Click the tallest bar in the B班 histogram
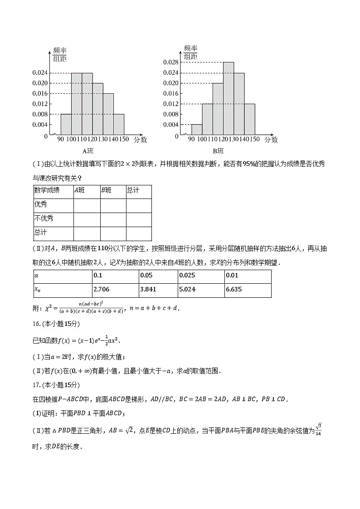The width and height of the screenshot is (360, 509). [x=229, y=99]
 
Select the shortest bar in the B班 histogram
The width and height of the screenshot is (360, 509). [x=197, y=130]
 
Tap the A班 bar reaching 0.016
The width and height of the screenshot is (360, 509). [x=108, y=114]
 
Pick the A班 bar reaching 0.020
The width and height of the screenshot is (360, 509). [x=97, y=109]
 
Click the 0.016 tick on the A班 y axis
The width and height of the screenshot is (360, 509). [x=40, y=94]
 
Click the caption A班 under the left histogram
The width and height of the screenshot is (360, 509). [x=88, y=151]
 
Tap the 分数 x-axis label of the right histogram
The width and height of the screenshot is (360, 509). [x=271, y=140]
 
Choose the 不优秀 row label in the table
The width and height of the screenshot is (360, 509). [x=44, y=218]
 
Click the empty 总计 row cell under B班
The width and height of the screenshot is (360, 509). [x=113, y=233]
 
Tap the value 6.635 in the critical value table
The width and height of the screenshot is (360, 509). [x=234, y=290]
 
